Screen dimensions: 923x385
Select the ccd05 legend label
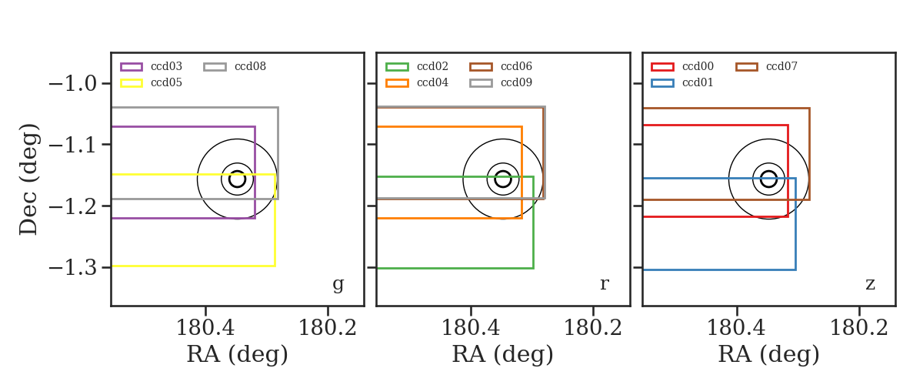(166, 82)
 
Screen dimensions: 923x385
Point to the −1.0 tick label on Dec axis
(73, 84)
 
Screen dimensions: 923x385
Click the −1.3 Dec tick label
(73, 268)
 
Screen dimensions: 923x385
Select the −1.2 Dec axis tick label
(73, 206)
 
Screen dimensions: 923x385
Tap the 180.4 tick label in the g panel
(205, 328)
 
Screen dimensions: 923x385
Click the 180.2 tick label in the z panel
(858, 328)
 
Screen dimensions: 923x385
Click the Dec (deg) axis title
(29, 179)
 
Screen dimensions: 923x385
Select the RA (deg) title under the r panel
(503, 354)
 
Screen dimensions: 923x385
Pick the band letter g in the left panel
(338, 284)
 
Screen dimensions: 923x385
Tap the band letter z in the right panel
(870, 284)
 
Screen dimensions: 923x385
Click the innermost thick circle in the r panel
(503, 171)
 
